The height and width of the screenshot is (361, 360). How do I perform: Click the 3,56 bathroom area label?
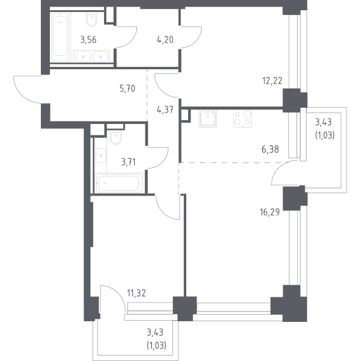tap(88, 40)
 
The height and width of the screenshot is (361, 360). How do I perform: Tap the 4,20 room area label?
tap(165, 40)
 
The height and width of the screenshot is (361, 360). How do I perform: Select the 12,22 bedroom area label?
tap(272, 81)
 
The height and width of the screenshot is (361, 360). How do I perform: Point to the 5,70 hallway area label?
tap(127, 88)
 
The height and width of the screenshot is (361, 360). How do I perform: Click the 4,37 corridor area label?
tap(165, 110)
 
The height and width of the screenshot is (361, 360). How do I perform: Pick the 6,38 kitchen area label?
tap(270, 149)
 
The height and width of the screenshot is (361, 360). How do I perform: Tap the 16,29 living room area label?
tap(270, 212)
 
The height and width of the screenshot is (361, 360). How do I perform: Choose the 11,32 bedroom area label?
tap(136, 294)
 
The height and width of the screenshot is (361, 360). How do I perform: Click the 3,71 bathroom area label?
tap(129, 162)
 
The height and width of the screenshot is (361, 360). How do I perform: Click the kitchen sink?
tap(208, 119)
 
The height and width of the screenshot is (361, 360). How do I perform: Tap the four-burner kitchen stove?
tap(242, 119)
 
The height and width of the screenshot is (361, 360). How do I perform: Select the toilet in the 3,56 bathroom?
tap(91, 19)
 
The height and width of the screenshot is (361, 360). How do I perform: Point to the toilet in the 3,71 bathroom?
tap(116, 138)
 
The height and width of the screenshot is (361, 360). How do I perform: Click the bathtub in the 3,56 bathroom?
tap(60, 37)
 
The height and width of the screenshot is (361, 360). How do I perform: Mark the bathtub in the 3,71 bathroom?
tap(119, 183)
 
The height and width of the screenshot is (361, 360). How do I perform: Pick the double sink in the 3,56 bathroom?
tap(92, 56)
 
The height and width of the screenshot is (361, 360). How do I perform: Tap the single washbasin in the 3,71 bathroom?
tap(100, 156)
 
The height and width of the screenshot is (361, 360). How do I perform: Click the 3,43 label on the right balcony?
tap(323, 122)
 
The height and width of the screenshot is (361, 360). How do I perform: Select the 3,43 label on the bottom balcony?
tap(155, 333)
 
